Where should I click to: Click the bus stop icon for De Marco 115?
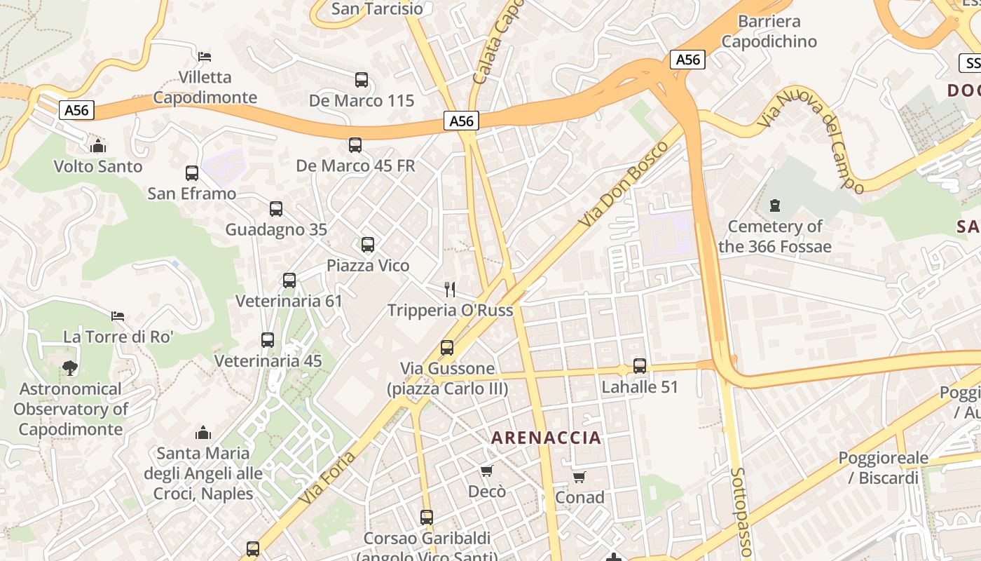(362, 80)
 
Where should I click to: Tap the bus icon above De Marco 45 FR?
(355, 145)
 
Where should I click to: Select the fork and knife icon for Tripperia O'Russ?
(451, 289)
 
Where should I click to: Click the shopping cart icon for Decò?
(487, 471)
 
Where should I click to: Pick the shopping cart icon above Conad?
(579, 477)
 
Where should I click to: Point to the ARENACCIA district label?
(546, 438)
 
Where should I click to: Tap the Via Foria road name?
(327, 478)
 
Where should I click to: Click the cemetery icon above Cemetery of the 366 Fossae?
(774, 205)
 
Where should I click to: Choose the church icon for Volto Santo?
(98, 146)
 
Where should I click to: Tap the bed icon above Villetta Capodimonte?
(205, 56)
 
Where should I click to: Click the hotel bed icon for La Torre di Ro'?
(118, 316)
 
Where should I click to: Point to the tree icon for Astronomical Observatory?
(69, 367)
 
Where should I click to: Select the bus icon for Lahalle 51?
(640, 365)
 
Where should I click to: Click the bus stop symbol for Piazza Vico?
(368, 245)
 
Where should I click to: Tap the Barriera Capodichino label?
(769, 32)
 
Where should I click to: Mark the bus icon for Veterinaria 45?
(268, 340)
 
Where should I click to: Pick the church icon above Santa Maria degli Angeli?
(203, 432)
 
